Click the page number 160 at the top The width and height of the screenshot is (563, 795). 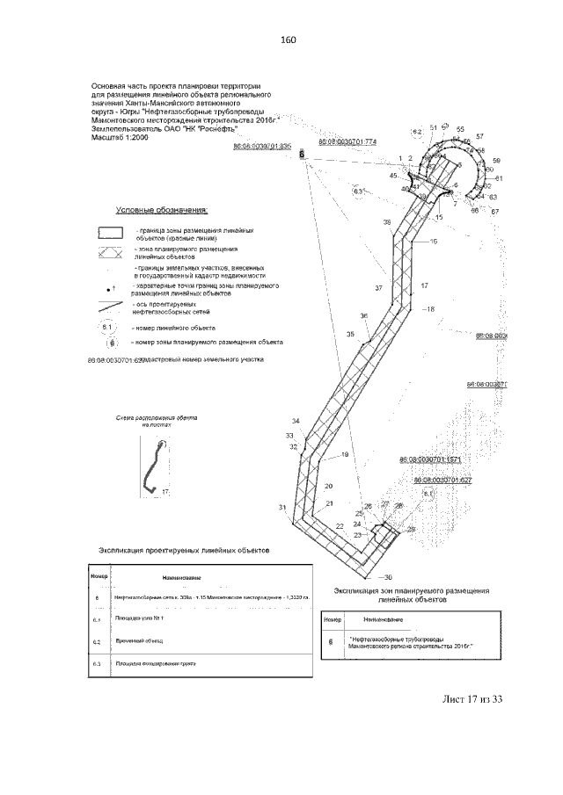click(289, 40)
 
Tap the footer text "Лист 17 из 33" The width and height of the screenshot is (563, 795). click(473, 699)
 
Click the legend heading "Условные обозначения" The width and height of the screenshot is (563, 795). click(163, 211)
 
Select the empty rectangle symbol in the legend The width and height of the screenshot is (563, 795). click(108, 232)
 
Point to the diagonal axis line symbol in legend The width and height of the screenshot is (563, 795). click(110, 307)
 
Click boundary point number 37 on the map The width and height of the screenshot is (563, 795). click(379, 288)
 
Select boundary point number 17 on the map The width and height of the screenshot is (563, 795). click(424, 285)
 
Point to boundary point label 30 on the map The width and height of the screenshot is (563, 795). click(387, 576)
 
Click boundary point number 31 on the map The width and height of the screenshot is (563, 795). click(282, 508)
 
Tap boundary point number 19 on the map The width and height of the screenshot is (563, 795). click(345, 454)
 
